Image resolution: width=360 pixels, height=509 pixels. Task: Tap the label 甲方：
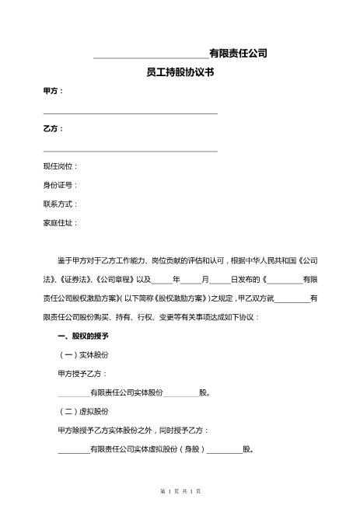coord(54,91)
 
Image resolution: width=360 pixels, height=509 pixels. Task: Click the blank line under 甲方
coord(130,113)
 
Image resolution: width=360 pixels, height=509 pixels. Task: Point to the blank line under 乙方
coord(130,151)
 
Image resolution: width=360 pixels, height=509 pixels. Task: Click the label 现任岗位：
coord(61,166)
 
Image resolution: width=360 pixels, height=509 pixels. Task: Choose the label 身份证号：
coord(61,185)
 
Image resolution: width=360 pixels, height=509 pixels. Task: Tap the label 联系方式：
coord(61,204)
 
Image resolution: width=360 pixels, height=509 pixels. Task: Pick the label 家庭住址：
coord(61,222)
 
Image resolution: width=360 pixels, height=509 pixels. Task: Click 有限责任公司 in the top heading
coord(238,53)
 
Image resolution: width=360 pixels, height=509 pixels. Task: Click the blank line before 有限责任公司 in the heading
coord(151,56)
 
